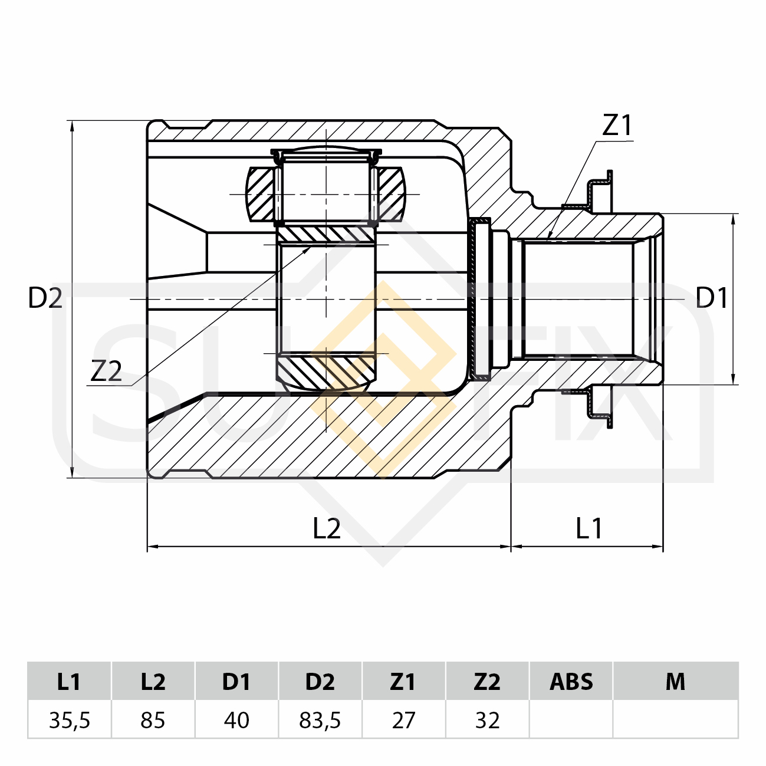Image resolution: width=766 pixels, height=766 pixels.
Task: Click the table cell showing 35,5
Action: coord(69,720)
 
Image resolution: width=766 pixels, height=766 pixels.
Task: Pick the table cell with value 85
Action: coord(153,720)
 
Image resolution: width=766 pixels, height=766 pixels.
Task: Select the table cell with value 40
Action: coord(236,720)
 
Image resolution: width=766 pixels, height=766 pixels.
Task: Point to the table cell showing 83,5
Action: coord(320,720)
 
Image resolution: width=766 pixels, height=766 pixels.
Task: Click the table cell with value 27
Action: coord(403,720)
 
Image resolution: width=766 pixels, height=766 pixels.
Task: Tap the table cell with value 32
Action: coord(487,720)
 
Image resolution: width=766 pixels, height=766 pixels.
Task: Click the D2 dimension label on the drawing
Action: coord(45,298)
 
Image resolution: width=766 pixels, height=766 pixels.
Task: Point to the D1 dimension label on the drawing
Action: coord(711,298)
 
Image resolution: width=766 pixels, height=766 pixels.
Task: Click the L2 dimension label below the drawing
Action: coord(327,529)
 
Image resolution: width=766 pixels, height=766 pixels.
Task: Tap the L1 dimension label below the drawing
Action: coord(589,529)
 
